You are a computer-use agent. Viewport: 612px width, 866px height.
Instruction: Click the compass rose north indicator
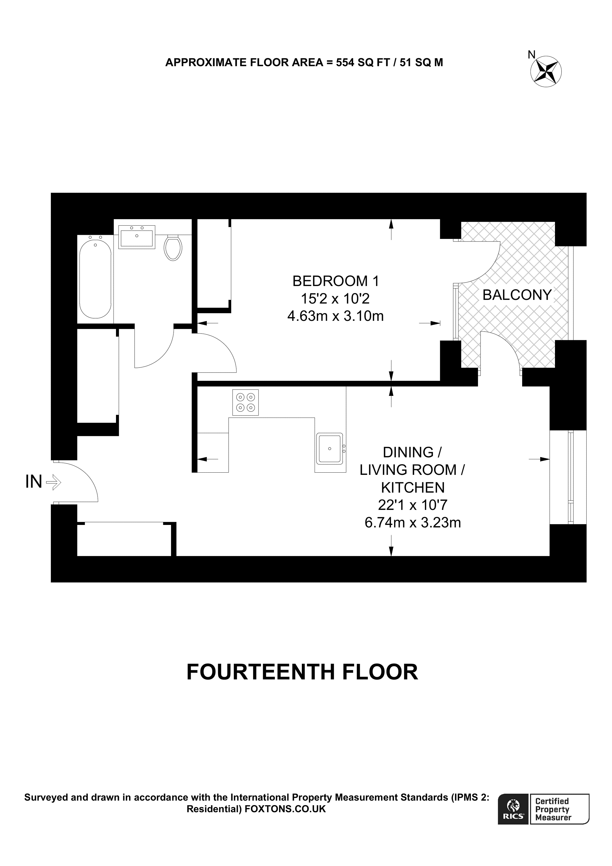[x=546, y=71]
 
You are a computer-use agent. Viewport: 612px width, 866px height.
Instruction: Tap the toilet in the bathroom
[x=173, y=248]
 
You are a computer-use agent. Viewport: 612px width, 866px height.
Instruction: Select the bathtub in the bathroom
[x=95, y=279]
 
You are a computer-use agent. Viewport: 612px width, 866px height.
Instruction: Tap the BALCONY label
[x=517, y=295]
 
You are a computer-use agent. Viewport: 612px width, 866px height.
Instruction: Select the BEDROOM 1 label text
[x=335, y=281]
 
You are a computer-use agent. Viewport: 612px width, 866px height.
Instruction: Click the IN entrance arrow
[x=53, y=482]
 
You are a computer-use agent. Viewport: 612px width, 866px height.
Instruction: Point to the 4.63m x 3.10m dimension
[x=335, y=316]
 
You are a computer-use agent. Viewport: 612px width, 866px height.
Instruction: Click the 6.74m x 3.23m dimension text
[x=413, y=523]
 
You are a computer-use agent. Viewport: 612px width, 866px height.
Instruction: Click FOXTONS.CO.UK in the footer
[x=285, y=809]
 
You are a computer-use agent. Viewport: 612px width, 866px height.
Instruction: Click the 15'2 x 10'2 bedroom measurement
[x=335, y=299]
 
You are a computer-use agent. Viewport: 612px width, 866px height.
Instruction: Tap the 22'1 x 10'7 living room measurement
[x=413, y=505]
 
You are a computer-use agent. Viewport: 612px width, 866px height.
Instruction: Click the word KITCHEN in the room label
[x=413, y=488]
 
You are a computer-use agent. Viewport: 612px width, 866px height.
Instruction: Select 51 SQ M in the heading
[x=421, y=63]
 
